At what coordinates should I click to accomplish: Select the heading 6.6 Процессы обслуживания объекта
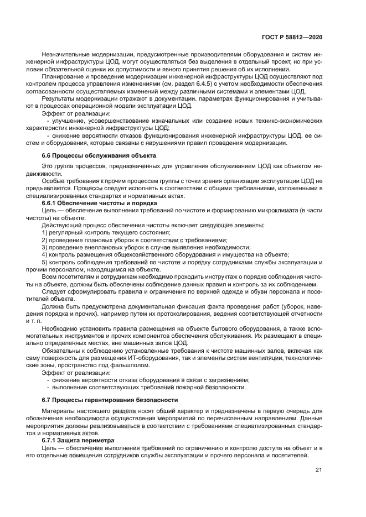99,156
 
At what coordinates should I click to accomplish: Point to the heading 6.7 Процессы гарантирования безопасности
110,399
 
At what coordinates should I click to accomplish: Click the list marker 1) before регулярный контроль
45,233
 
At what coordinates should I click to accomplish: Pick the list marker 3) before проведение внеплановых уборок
45,247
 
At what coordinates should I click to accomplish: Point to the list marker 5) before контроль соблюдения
45,262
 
